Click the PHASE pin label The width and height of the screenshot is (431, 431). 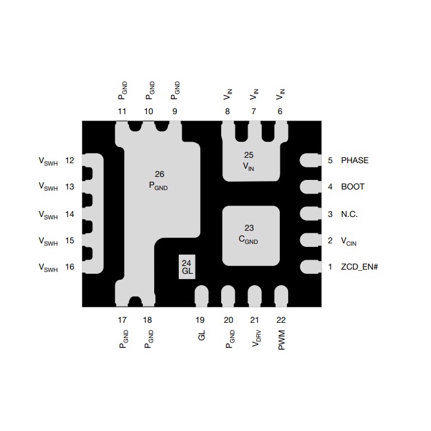point(354,160)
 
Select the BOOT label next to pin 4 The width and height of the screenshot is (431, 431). point(353,187)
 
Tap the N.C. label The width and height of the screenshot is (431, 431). point(349,214)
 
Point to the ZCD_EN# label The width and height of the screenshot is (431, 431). point(359,267)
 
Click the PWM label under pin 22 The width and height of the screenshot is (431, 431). point(282,340)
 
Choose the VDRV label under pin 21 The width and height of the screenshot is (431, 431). point(256,338)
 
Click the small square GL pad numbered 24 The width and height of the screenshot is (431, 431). point(187,267)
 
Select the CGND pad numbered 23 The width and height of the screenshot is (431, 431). point(251,236)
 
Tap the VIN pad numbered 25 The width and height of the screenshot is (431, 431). point(250,162)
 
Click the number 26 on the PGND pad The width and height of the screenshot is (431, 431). point(160,175)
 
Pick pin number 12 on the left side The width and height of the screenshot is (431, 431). point(69,160)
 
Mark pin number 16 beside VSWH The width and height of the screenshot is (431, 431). point(69,267)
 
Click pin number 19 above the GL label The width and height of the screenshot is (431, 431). point(200,320)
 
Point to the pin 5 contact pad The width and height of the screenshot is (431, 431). point(310,160)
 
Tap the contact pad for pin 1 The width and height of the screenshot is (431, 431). point(310,267)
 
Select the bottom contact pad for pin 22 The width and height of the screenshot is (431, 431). point(281,296)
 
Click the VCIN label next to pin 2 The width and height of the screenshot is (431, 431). point(349,242)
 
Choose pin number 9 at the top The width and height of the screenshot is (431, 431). point(175,111)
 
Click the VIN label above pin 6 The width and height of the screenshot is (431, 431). point(280,94)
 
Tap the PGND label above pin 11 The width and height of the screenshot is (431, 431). point(123,90)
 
